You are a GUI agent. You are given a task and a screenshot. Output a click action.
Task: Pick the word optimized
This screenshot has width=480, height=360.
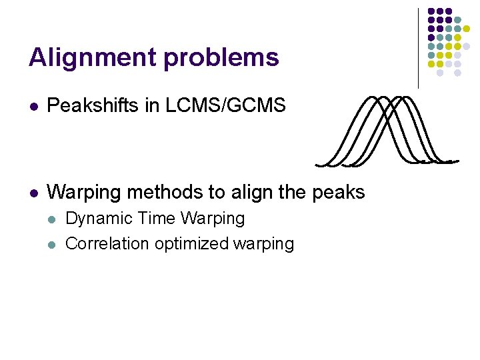pyautogui.click(x=192, y=244)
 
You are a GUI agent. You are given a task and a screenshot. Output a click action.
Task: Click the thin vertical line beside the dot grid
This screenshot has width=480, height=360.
pyautogui.click(x=419, y=47)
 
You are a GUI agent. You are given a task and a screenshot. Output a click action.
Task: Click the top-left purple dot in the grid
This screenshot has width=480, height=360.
pyautogui.click(x=431, y=11)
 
